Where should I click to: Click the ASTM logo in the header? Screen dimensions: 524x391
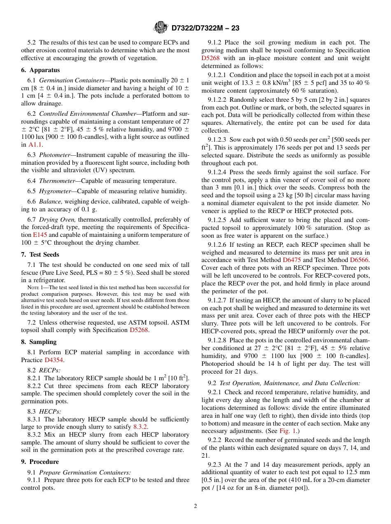(161, 28)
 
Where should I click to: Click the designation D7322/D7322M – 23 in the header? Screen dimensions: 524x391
(205, 28)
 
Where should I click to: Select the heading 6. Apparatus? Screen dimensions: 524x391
(40, 70)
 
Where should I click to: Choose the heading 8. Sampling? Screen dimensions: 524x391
(39, 342)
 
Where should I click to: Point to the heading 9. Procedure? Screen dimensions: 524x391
(40, 462)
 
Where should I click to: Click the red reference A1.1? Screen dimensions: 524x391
(35, 145)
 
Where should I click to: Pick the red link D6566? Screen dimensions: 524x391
(359, 260)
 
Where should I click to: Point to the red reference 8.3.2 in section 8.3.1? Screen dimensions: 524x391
(140, 427)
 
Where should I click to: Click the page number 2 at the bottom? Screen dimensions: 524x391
(195, 506)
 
